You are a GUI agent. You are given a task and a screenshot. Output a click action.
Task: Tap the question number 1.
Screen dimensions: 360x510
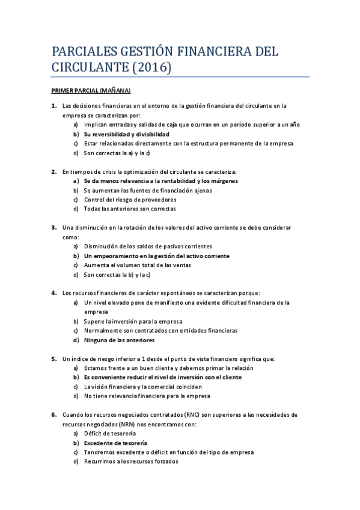pos(53,106)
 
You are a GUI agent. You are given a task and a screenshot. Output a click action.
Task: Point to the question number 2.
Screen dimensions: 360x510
pos(53,171)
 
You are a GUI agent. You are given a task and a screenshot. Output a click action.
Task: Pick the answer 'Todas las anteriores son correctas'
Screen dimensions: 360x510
pos(130,209)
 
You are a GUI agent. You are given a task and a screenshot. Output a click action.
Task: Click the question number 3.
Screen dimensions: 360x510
pos(53,227)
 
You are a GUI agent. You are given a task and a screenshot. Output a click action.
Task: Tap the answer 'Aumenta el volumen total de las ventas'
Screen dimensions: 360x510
pos(137,265)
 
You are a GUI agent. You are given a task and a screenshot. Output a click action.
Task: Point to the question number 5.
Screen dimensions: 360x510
pos(53,358)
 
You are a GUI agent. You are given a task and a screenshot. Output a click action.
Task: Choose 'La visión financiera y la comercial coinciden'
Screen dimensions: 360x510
pos(147,387)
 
